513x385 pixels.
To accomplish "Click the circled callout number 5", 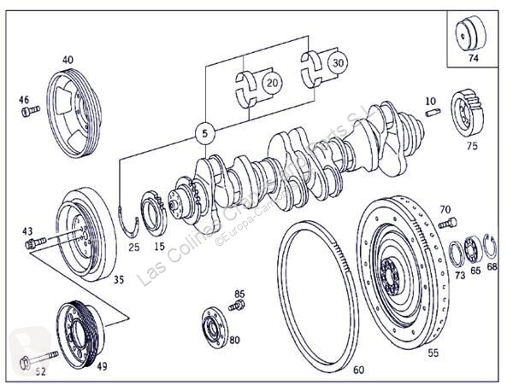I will tap(204, 133).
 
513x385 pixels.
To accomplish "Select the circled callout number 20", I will tap(273, 83).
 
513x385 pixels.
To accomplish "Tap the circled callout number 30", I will tap(339, 62).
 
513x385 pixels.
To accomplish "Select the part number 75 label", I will tap(472, 146).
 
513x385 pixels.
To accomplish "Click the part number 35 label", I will tap(119, 278).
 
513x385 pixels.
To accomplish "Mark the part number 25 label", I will tap(133, 248).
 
